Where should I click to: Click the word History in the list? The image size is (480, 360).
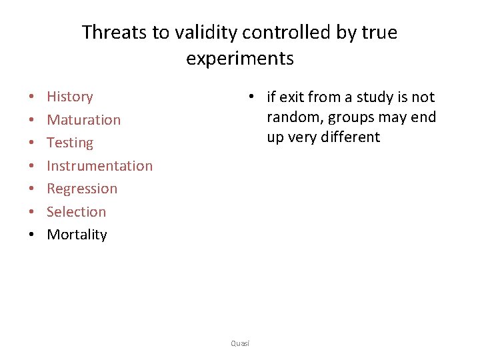coord(69,97)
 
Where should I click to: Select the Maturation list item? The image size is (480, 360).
coord(83,120)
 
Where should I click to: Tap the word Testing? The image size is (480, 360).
coord(70,143)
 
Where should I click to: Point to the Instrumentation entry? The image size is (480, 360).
coord(99,166)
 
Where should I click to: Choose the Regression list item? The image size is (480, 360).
coord(82,189)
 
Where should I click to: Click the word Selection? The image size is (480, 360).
coord(76,212)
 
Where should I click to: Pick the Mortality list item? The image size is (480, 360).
coord(77,235)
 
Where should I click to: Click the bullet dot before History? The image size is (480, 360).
coord(31,97)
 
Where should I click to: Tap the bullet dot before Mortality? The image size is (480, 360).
coord(31,235)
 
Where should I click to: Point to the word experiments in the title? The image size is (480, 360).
coord(240,59)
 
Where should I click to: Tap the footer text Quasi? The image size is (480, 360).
coord(239,343)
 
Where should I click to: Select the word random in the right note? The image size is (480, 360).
coord(291,117)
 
